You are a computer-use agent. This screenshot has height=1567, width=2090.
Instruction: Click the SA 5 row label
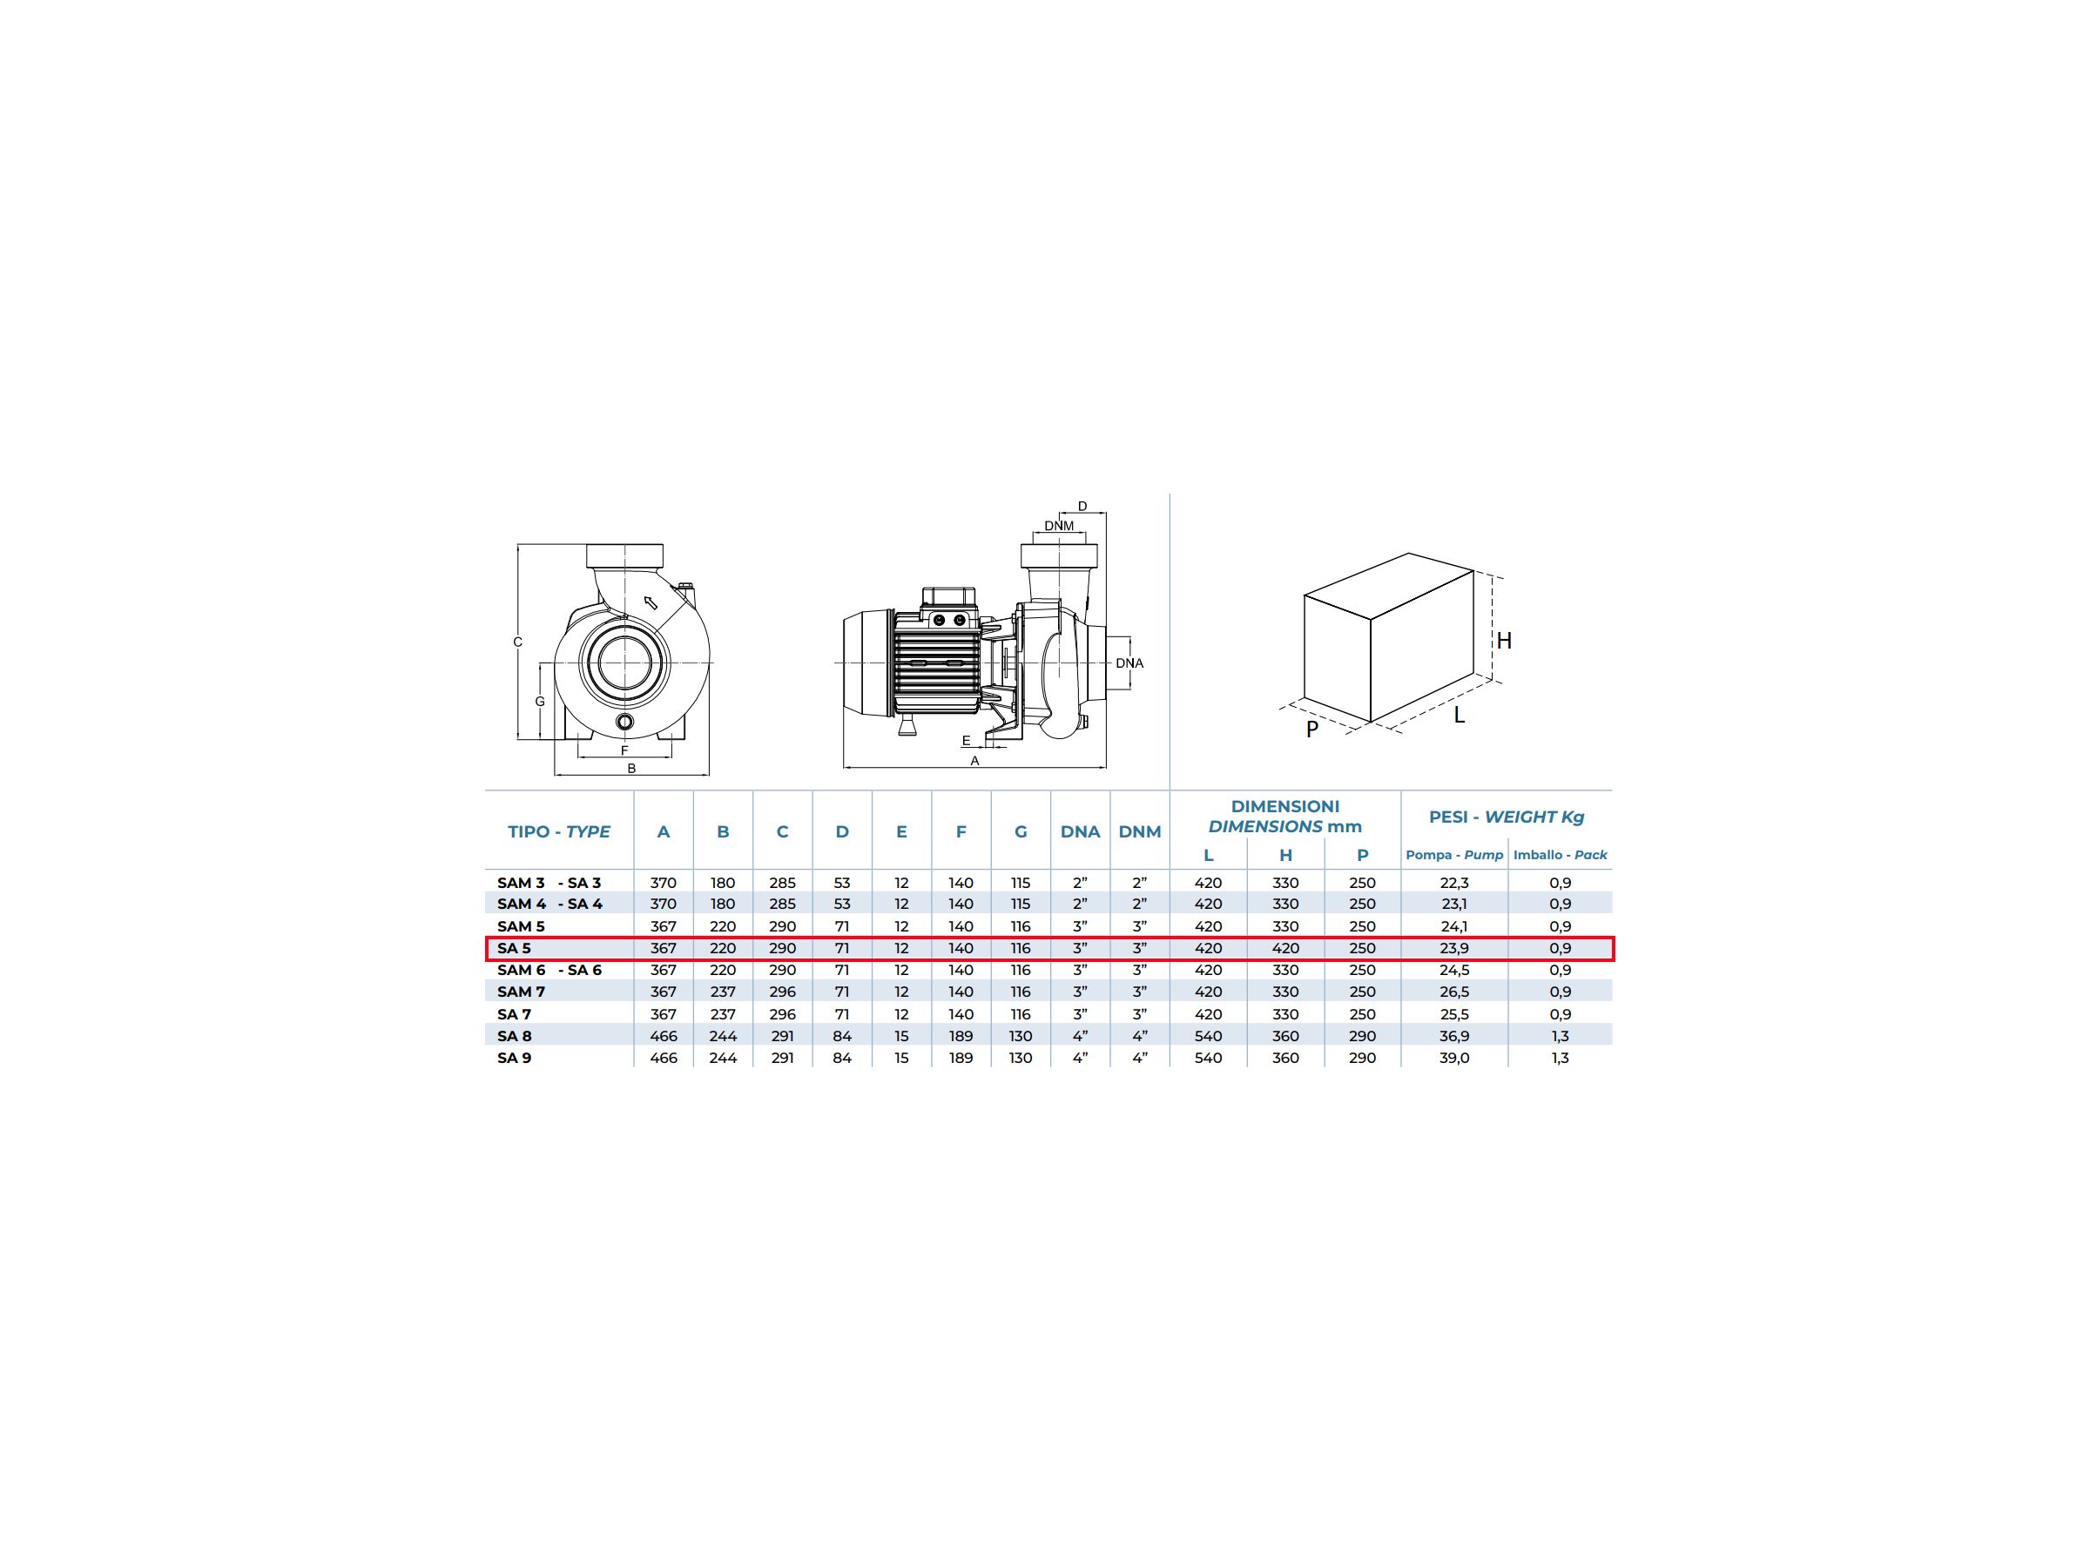tap(514, 948)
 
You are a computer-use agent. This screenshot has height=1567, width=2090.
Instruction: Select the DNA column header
tap(1080, 832)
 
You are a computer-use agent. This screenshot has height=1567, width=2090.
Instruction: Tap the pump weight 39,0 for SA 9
tap(1454, 1058)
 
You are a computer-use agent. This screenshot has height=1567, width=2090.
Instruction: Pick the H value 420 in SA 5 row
tap(1285, 948)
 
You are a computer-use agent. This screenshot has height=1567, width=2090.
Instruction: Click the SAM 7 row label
tap(522, 992)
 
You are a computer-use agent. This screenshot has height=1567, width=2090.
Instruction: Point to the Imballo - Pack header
tap(1560, 855)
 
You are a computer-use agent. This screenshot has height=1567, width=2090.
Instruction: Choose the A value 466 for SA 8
tap(664, 1036)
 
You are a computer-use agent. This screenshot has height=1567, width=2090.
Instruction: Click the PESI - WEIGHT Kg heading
tap(1506, 817)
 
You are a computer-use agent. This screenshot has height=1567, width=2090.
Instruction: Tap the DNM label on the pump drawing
tap(1058, 526)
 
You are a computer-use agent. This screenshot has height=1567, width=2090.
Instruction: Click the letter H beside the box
tap(1504, 642)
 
